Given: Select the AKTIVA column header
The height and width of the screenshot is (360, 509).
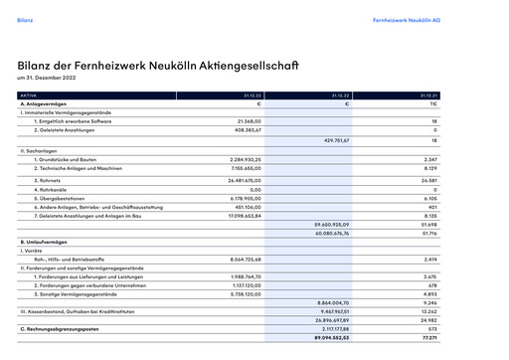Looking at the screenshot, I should click(x=29, y=95).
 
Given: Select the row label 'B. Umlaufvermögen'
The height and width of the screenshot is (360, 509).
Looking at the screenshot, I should click(x=45, y=244).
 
